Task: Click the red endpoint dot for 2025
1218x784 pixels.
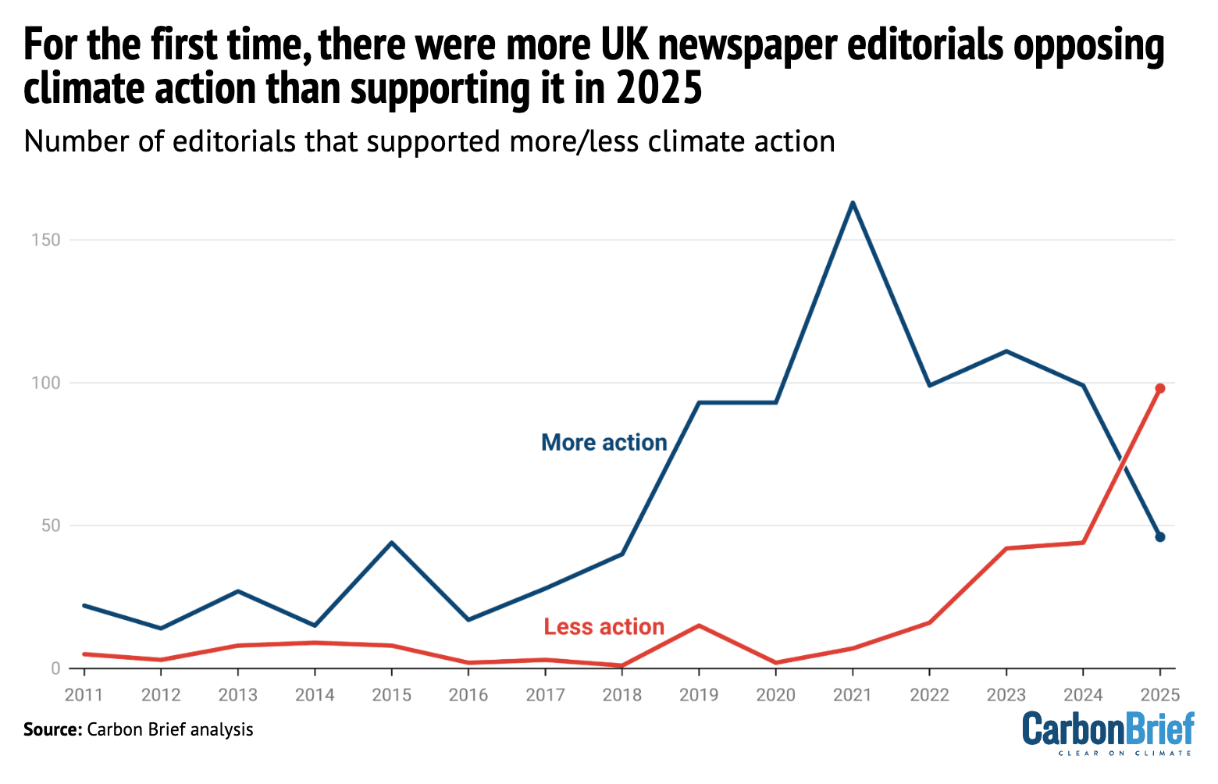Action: pos(1159,388)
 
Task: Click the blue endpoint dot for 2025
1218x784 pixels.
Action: pos(1159,536)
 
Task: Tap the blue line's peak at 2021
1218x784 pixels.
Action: pos(852,203)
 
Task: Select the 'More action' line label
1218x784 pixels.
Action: pos(604,443)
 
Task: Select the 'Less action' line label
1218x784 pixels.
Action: pos(604,627)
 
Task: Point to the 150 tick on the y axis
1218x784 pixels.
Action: pos(46,240)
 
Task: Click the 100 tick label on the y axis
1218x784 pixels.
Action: pos(46,383)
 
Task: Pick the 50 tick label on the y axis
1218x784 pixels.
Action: pos(50,526)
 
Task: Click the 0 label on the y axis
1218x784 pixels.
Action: pos(55,668)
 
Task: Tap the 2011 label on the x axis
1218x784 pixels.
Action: pos(84,695)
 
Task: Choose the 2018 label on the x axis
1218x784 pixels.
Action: pos(621,695)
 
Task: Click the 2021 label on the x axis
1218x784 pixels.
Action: pos(852,695)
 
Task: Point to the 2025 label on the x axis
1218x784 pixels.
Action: pos(1159,695)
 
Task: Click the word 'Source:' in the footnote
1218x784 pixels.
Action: pos(52,730)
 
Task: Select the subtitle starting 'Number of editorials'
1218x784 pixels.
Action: pos(429,142)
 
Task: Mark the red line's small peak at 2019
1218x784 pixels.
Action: pos(698,625)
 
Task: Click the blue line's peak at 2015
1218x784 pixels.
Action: pos(391,543)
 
